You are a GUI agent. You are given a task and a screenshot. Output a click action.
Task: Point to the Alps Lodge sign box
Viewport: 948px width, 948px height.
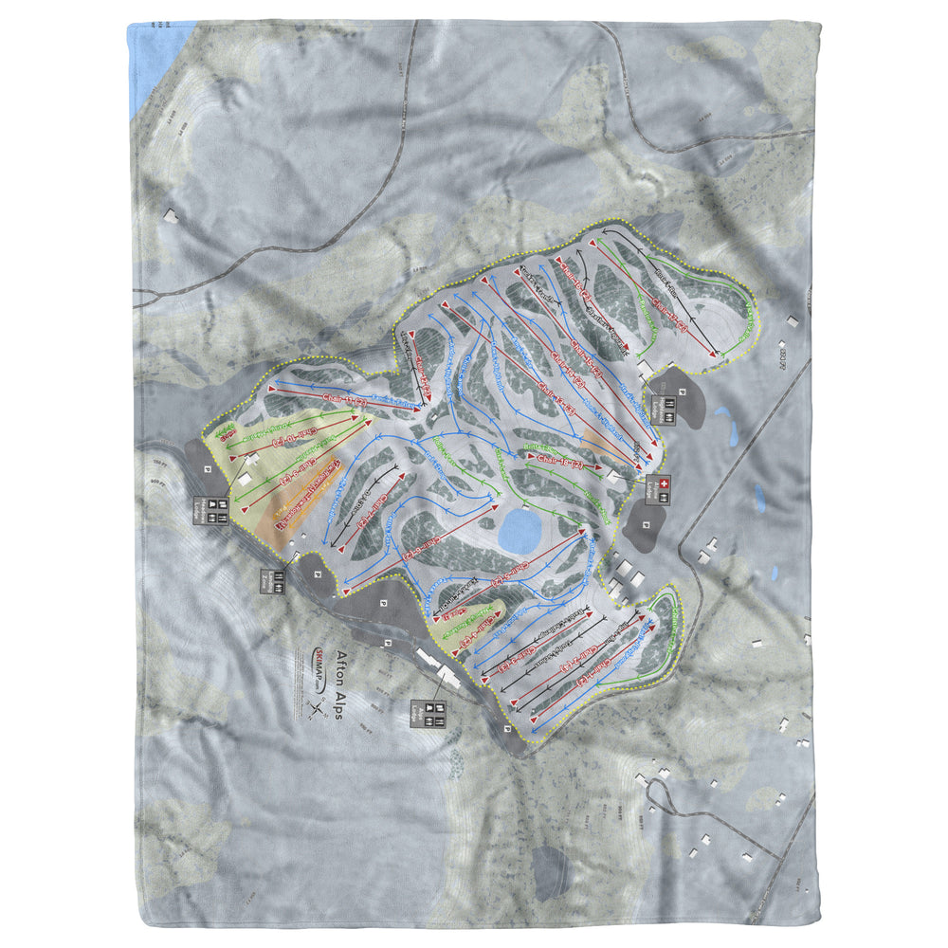(426, 712)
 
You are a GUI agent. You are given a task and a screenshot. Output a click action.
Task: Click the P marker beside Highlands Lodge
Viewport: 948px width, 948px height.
(682, 390)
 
